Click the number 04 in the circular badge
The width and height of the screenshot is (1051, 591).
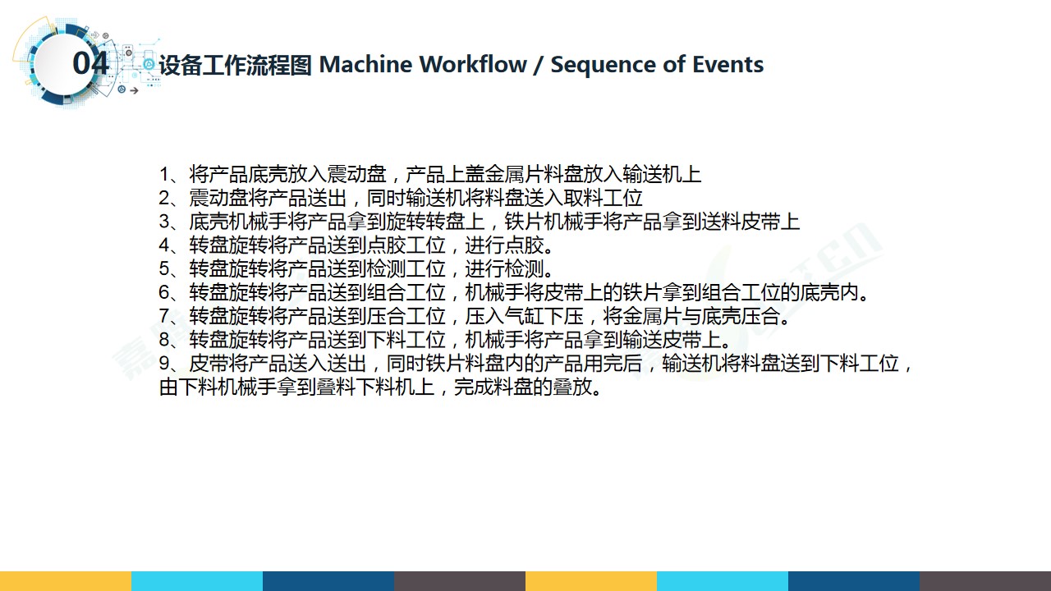pyautogui.click(x=90, y=63)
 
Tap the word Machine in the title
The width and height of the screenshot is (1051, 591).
pyautogui.click(x=366, y=64)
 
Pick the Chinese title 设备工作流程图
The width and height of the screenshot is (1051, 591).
pyautogui.click(x=236, y=65)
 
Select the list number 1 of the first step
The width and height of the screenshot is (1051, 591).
pyautogui.click(x=164, y=175)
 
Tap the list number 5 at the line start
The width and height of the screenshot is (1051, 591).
pyautogui.click(x=164, y=269)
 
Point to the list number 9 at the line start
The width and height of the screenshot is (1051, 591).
pyautogui.click(x=164, y=364)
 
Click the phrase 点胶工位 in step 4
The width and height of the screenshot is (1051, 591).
pyautogui.click(x=406, y=245)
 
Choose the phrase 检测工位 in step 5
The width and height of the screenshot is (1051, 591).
pyautogui.click(x=406, y=269)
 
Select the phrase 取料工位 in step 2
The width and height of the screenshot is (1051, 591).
pyautogui.click(x=603, y=198)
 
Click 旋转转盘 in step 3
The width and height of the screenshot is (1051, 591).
pyautogui.click(x=425, y=222)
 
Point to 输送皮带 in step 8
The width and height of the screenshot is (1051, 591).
pyautogui.click(x=662, y=340)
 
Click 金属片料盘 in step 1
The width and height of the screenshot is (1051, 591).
pyautogui.click(x=534, y=175)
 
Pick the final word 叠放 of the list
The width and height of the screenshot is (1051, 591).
pyautogui.click(x=572, y=387)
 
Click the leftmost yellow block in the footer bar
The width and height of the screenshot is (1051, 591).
pyautogui.click(x=66, y=581)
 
